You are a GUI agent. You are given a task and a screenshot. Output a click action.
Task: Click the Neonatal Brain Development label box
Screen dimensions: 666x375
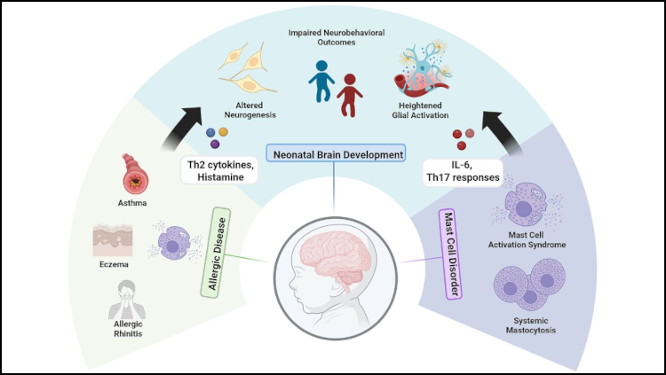(x=336, y=153)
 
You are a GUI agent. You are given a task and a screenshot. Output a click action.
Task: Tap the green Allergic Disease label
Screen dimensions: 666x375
(x=216, y=253)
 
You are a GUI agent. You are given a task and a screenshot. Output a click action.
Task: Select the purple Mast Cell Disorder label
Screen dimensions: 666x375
(x=450, y=254)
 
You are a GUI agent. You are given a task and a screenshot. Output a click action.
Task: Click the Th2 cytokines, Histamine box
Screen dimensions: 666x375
(x=219, y=171)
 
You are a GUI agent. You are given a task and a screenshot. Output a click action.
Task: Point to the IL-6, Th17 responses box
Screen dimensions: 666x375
(x=462, y=172)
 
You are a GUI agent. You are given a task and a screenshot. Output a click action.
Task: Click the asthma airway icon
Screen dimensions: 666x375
(x=135, y=174)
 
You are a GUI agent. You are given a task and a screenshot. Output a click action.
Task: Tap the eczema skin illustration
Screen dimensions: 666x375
(x=113, y=240)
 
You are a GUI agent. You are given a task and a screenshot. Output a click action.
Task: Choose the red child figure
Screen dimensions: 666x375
(x=349, y=95)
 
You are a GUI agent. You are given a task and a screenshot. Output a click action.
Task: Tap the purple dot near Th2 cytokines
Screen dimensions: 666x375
(x=215, y=145)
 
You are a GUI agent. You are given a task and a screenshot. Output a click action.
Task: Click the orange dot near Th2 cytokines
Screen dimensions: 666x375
(x=223, y=132)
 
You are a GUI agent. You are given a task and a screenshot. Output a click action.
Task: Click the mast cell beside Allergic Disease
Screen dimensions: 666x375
(x=174, y=242)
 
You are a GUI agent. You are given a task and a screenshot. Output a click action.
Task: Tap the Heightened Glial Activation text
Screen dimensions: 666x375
(x=420, y=110)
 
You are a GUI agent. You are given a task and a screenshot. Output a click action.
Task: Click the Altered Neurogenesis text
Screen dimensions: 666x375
(x=250, y=110)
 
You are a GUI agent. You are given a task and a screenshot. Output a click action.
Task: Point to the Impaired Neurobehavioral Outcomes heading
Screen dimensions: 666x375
(x=337, y=37)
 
